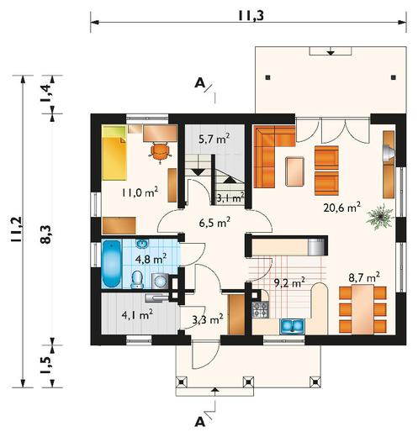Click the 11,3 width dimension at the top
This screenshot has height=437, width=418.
click(x=251, y=16)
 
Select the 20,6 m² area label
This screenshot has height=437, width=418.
click(x=341, y=208)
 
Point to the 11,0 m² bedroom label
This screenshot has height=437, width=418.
click(x=140, y=192)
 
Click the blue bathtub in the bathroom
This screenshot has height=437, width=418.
click(x=112, y=263)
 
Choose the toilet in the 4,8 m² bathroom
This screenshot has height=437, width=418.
click(x=137, y=279)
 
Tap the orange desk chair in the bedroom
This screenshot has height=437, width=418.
click(x=161, y=151)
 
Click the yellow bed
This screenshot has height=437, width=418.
click(x=114, y=153)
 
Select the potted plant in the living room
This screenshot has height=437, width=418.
click(x=380, y=217)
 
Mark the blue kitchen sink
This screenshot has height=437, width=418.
click(x=292, y=326)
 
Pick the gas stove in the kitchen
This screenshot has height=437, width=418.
click(x=260, y=309)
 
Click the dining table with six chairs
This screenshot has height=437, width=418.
click(x=362, y=309)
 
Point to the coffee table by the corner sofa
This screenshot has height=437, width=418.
click(x=294, y=171)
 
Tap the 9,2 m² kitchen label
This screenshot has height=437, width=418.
click(x=289, y=283)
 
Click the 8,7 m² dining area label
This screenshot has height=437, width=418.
click(x=364, y=277)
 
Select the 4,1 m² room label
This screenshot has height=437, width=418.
click(x=137, y=315)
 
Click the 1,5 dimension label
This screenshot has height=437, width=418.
click(x=47, y=365)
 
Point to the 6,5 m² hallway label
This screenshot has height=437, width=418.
click(x=214, y=223)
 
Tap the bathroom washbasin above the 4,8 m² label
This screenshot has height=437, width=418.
click(x=143, y=244)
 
